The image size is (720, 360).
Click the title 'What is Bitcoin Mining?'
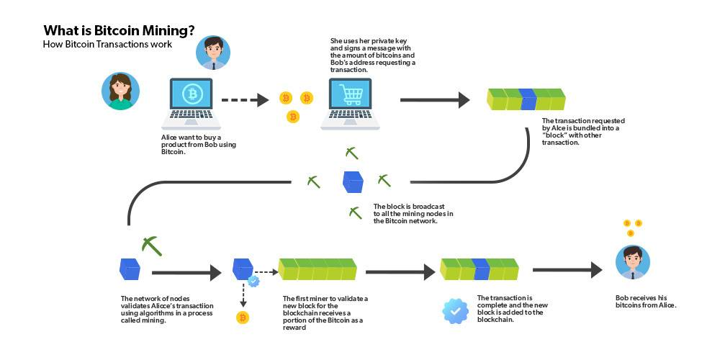coord(118,30)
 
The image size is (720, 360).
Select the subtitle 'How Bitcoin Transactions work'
coord(107,45)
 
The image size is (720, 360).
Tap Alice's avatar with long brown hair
coord(120,91)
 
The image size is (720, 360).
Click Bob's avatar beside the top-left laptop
coord(213,53)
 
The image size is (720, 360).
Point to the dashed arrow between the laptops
coord(244,100)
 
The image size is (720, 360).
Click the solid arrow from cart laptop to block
coord(434,100)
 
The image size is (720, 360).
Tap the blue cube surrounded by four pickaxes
coord(353,181)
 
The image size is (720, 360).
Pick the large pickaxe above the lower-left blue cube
coord(152,245)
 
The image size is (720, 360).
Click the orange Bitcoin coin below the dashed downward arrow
coord(243,318)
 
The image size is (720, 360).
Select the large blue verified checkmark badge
coord(455,310)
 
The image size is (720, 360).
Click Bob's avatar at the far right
coord(633,262)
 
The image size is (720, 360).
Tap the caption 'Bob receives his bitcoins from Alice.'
coord(646,301)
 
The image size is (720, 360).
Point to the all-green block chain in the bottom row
coord(318,269)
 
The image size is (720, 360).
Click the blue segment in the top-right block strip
coord(528,99)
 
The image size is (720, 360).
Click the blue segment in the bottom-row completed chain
coord(481,269)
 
